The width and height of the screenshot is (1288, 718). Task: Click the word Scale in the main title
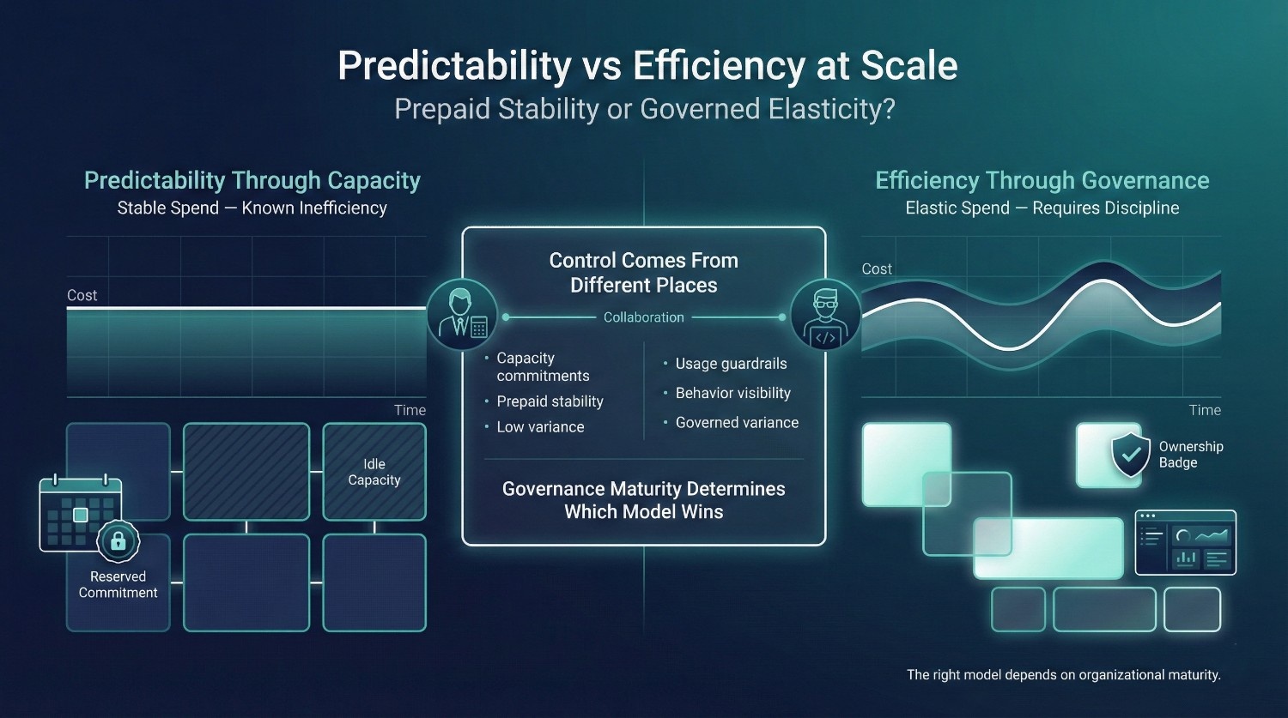908,65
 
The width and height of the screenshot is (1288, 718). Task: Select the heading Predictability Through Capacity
252,180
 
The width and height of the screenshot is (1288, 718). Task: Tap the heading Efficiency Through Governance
1042,180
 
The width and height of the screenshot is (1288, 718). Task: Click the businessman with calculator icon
462,314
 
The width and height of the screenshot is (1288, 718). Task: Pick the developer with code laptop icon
826,314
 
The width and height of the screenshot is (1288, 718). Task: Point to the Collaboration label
643,317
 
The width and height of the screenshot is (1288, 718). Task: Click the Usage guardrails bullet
725,364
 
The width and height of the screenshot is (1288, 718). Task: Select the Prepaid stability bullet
544,401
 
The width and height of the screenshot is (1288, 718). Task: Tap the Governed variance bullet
731,423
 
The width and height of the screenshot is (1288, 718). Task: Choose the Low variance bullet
534,427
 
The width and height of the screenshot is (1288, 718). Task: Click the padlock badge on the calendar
118,540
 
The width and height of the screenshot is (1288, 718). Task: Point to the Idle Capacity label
374,472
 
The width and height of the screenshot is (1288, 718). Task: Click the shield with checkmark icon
1131,455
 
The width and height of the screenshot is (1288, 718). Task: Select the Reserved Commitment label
118,584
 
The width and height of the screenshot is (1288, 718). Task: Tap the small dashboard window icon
1186,542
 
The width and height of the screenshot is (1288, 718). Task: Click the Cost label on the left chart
82,295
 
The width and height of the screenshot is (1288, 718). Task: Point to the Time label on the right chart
1205,410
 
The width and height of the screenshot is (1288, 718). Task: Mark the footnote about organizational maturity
1064,674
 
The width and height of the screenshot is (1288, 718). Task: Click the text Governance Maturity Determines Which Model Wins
643,500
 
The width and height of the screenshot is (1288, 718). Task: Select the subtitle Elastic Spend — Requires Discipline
1042,208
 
